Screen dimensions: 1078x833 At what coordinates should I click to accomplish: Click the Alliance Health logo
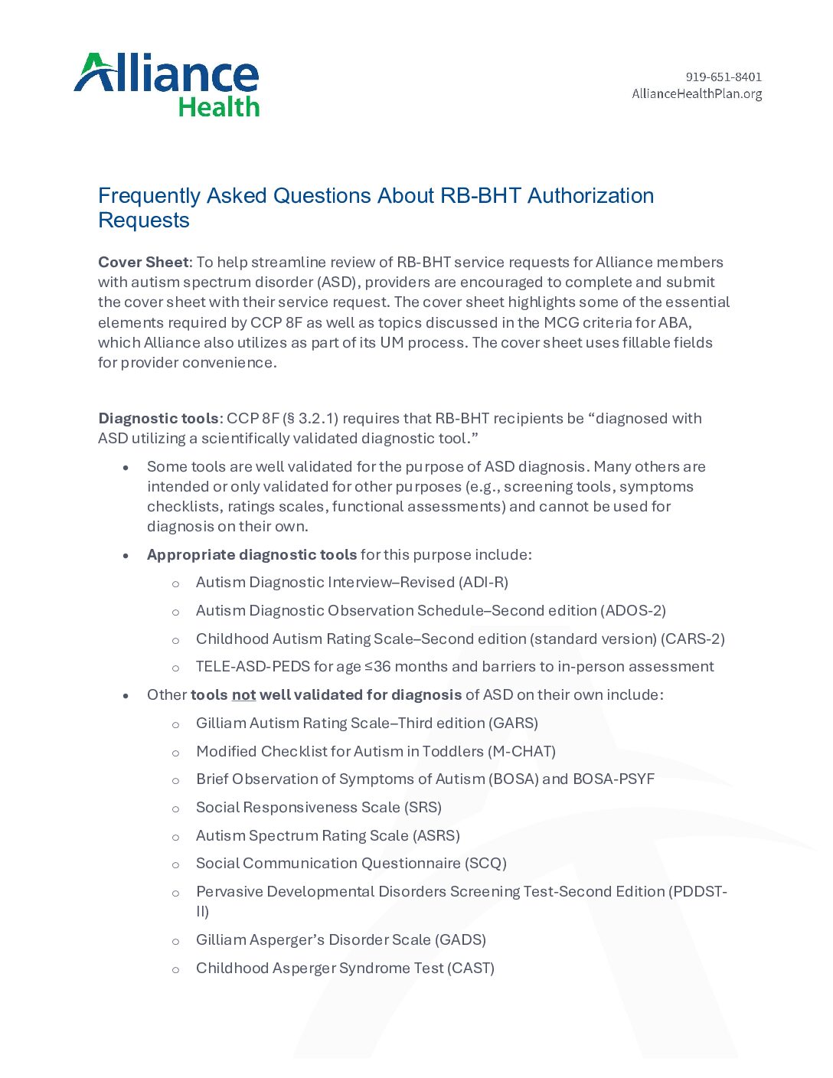pyautogui.click(x=167, y=85)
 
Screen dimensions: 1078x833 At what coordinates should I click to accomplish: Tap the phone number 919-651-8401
pyautogui.click(x=724, y=77)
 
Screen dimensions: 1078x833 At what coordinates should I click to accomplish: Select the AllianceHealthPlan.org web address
pyautogui.click(x=697, y=94)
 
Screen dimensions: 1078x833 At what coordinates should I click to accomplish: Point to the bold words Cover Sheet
pyautogui.click(x=143, y=262)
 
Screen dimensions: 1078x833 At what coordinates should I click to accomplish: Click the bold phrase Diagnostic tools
pyautogui.click(x=158, y=419)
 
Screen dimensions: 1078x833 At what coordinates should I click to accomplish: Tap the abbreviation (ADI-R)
pyautogui.click(x=484, y=583)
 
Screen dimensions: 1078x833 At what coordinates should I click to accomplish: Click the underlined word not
pyautogui.click(x=243, y=695)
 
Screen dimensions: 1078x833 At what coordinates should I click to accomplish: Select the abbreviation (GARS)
pyautogui.click(x=514, y=724)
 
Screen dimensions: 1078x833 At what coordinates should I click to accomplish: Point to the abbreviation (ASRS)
pyautogui.click(x=436, y=836)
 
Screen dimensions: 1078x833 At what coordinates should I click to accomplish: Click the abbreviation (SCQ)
pyautogui.click(x=485, y=864)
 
